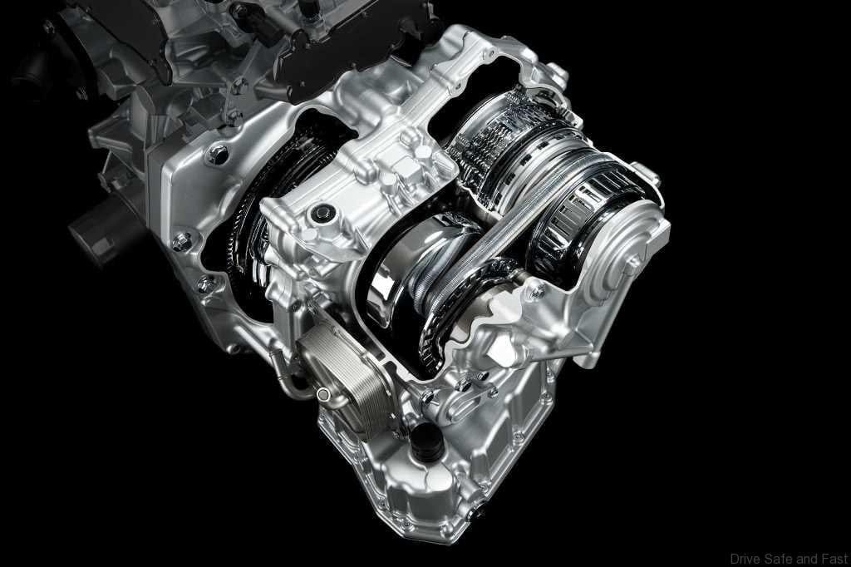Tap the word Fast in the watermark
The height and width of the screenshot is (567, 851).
point(836,559)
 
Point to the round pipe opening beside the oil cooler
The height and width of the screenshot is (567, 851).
point(323,394)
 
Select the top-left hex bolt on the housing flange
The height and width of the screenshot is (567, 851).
point(219,155)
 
